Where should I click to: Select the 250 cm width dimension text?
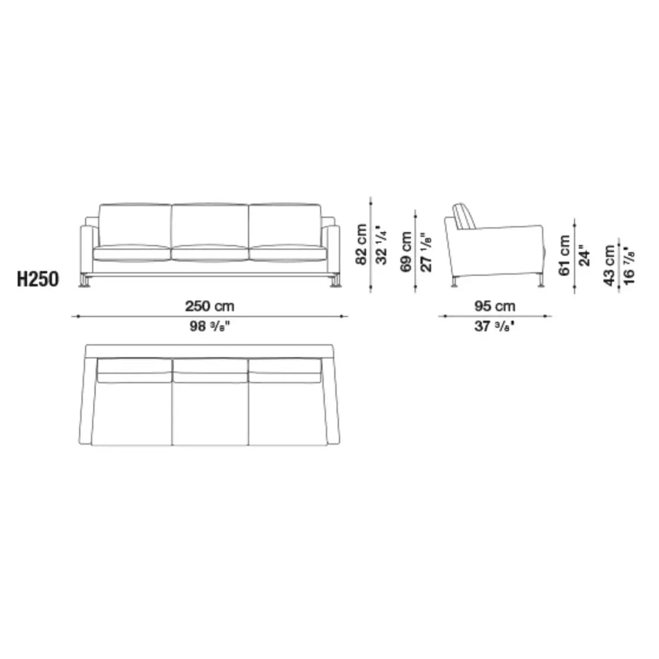[210, 306]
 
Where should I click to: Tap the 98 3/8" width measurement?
[210, 327]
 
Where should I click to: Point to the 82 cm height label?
[361, 244]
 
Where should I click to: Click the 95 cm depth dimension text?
[495, 306]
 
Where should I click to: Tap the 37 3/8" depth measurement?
[495, 327]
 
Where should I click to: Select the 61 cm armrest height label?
[564, 255]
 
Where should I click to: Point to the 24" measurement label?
[584, 255]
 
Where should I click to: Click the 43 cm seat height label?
[608, 266]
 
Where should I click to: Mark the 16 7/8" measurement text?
[628, 266]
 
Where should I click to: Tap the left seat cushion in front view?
[132, 253]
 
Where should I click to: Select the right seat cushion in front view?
[288, 253]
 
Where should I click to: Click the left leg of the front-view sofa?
[87, 281]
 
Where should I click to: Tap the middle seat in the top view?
[210, 410]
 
